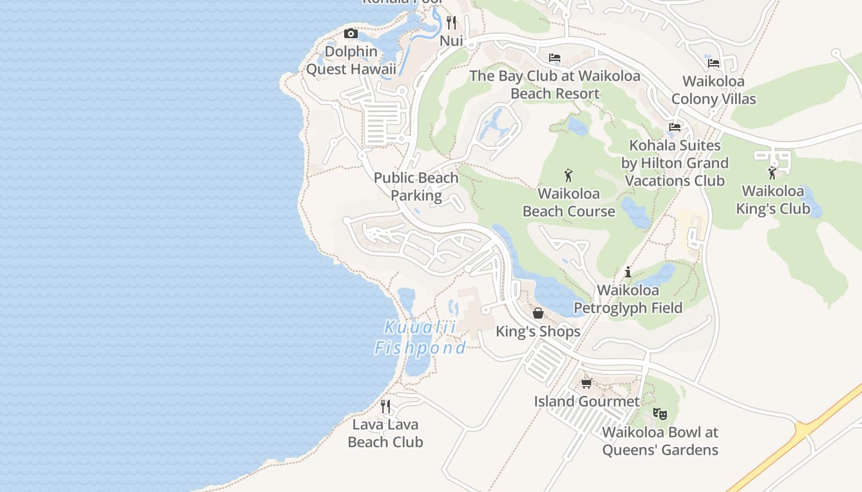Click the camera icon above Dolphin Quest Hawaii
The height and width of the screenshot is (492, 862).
point(351,34)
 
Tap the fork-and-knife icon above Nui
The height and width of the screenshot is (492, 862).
point(452,23)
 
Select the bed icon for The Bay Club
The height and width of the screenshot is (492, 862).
point(555,58)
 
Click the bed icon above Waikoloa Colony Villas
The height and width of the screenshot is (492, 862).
point(714,63)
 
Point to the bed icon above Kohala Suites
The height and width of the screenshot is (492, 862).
point(675,127)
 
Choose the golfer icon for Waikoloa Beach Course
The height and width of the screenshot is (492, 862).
point(568,176)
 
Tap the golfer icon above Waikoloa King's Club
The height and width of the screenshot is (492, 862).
point(772,173)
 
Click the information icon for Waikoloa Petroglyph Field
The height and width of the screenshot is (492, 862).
point(628,272)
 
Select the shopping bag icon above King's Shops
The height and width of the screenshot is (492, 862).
point(538,313)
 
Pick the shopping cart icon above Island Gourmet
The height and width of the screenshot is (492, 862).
point(586,383)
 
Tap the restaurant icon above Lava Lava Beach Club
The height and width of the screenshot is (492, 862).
point(385,406)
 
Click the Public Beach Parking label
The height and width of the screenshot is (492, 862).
point(416,187)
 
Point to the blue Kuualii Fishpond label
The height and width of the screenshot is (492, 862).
point(421,338)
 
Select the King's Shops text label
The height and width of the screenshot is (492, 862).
point(538,331)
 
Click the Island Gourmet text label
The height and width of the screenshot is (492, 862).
point(587,402)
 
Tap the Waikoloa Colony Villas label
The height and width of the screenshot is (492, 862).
point(714,90)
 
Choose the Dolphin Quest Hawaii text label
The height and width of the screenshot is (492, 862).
point(351,60)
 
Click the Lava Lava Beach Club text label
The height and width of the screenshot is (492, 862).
point(385,433)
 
